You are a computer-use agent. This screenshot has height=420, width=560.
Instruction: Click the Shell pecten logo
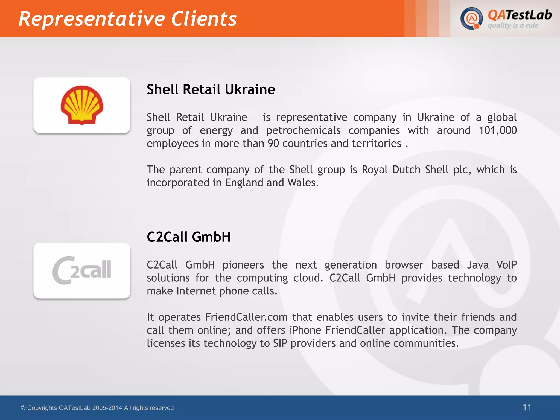[x=82, y=105]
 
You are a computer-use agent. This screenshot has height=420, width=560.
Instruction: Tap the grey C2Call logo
[x=82, y=270]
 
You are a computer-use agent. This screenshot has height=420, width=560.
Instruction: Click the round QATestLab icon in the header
[x=471, y=18]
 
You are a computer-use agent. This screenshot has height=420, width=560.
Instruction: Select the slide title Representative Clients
[x=127, y=19]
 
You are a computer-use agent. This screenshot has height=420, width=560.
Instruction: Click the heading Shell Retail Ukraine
[x=211, y=89]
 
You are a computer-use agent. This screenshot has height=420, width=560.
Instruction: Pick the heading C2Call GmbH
[x=189, y=237]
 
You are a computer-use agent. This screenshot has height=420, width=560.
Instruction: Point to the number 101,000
[x=497, y=130]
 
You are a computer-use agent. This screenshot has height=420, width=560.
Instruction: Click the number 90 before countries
[x=273, y=144]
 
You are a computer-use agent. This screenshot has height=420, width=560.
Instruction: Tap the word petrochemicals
[x=303, y=130]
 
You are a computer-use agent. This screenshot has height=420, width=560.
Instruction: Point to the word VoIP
[x=506, y=265]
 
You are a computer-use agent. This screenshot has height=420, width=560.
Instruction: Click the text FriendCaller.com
[x=246, y=317]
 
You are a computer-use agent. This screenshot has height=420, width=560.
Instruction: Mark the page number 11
[x=527, y=407]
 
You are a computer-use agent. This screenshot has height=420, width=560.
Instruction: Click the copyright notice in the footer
[x=97, y=408]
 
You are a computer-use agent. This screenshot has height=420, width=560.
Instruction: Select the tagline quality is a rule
[x=513, y=26]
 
